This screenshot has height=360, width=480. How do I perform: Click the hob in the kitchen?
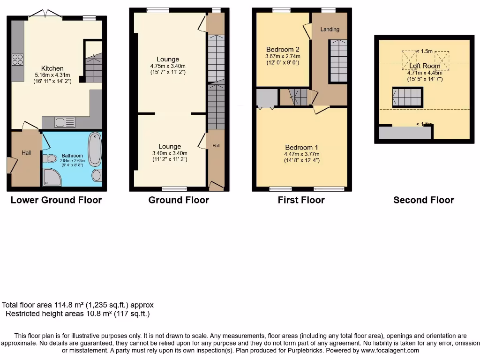[x=18, y=60]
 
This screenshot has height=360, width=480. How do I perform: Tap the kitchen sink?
[x=64, y=123]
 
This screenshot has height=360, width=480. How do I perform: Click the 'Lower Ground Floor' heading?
[x=56, y=200]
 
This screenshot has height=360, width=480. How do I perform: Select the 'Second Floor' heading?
[x=423, y=200]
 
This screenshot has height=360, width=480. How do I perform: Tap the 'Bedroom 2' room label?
[x=283, y=49]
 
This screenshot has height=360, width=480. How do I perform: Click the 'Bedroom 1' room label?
[x=301, y=147]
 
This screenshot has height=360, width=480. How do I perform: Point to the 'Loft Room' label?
[x=425, y=66]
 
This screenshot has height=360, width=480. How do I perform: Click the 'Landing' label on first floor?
[x=330, y=30]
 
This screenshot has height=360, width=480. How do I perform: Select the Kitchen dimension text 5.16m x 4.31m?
[x=52, y=75]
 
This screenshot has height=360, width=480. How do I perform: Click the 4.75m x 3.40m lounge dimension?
[x=168, y=66]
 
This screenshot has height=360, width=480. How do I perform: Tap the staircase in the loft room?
[x=407, y=97]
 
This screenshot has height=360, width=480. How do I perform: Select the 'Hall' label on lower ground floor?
[x=26, y=152]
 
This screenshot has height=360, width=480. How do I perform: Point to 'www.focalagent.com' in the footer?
[x=390, y=350]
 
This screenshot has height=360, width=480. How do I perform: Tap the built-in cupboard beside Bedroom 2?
[x=266, y=98]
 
